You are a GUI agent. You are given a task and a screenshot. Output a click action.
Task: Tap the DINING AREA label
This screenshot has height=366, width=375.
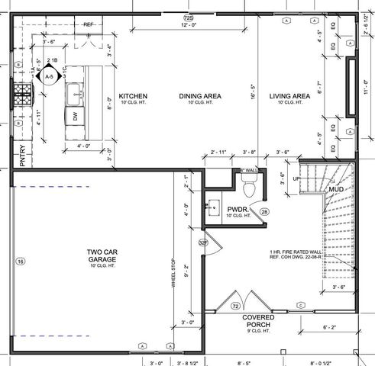[200, 96]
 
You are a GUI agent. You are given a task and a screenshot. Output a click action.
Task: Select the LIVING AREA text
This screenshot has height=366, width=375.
[289, 96]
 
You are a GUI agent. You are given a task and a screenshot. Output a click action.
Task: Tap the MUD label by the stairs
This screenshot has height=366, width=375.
[337, 188]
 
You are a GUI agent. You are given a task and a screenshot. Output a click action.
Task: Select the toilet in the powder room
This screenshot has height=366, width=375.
[247, 185]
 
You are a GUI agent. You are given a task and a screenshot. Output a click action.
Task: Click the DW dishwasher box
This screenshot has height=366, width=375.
[75, 116]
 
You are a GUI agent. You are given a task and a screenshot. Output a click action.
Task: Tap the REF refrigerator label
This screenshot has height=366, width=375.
[88, 24]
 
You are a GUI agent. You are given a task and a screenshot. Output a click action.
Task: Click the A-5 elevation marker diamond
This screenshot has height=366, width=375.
[50, 77]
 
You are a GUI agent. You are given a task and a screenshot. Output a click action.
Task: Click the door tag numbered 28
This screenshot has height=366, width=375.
[265, 211]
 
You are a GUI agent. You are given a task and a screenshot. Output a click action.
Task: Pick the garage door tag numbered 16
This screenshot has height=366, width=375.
[21, 262]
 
